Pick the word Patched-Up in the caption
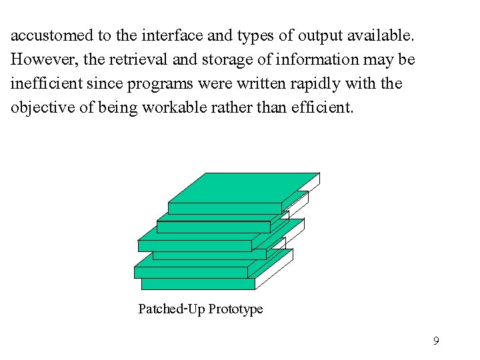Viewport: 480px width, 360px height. pyautogui.click(x=171, y=309)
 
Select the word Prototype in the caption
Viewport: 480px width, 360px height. pyautogui.click(x=235, y=309)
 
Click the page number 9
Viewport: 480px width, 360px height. pyautogui.click(x=436, y=341)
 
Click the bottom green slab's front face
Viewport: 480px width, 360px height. pyautogui.click(x=198, y=284)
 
